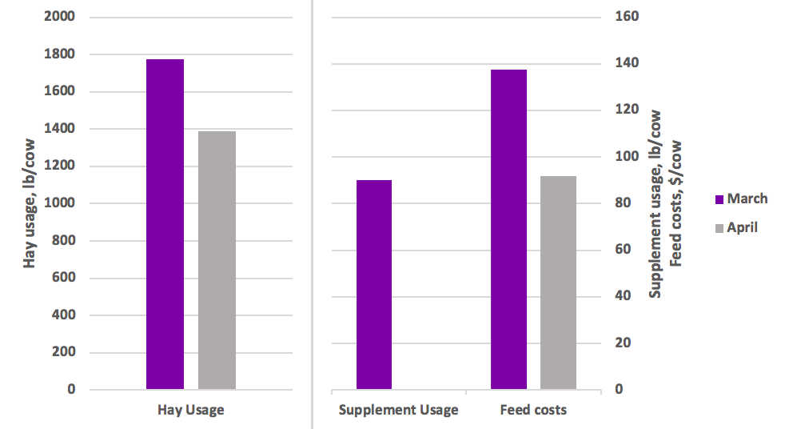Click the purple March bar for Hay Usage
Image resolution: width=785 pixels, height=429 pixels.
(165, 224)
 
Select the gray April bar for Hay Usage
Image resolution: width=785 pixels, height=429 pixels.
(217, 260)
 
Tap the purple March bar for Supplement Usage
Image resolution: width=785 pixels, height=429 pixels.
(374, 285)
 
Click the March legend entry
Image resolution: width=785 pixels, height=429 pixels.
(739, 198)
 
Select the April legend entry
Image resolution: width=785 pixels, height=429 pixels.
(735, 227)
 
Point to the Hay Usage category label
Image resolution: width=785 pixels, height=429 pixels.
(189, 410)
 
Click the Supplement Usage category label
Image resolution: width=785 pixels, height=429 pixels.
(399, 410)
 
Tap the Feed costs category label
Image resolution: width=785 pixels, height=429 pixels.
(533, 410)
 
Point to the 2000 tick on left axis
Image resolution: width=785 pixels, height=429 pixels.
(60, 16)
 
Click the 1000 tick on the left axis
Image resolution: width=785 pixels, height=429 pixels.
(60, 203)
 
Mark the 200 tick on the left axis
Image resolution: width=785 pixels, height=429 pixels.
(63, 352)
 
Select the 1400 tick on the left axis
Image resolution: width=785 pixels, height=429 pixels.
(60, 128)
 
